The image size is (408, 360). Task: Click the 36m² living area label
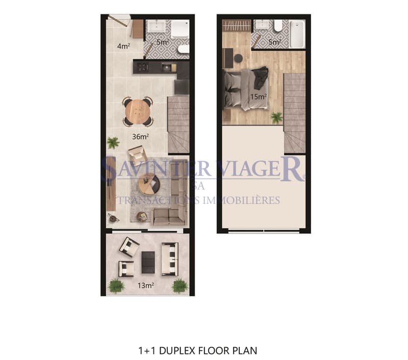(x=141, y=136)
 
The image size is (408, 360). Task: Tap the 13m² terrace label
(x=146, y=286)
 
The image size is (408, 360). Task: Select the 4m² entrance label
(x=123, y=46)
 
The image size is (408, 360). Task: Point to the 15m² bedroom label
(x=259, y=96)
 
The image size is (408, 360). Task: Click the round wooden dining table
(x=138, y=112)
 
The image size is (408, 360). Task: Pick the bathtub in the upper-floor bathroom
(x=297, y=34)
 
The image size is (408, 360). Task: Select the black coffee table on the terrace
(x=148, y=262)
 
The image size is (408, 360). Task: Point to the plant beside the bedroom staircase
(x=277, y=118)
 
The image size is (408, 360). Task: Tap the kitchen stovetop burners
(x=143, y=68)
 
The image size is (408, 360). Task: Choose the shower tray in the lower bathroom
(x=180, y=29)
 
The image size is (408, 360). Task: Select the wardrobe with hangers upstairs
(x=237, y=26)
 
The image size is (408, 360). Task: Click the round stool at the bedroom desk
(x=238, y=58)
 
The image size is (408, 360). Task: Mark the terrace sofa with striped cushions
(x=170, y=259)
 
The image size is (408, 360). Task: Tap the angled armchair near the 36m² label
(x=137, y=156)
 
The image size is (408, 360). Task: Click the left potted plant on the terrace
(x=117, y=286)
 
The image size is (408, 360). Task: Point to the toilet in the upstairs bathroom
(x=278, y=25)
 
